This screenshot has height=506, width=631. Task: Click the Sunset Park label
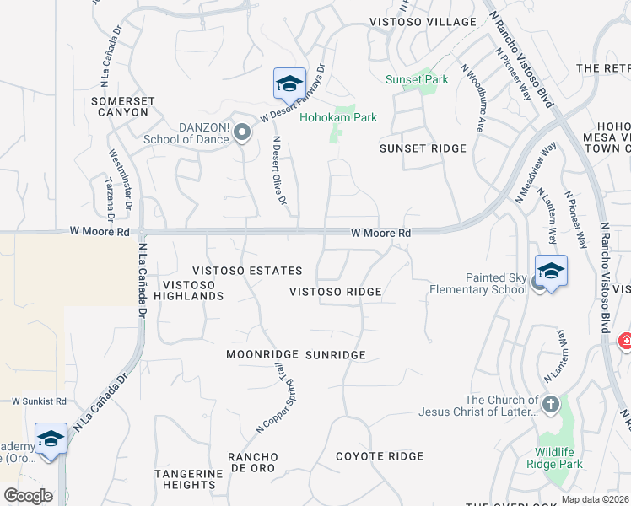pos(417,79)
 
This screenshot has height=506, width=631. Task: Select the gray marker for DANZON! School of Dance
pos(242,132)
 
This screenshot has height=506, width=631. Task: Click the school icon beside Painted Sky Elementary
pos(551,272)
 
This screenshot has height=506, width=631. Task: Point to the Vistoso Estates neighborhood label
pos(247,271)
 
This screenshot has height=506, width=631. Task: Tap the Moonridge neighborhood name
pos(263,355)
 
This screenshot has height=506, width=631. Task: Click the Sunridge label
pos(336,355)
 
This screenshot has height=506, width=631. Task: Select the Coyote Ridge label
pos(380,456)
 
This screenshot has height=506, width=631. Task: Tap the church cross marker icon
pos(551,404)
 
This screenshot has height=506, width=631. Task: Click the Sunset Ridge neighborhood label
pos(423,148)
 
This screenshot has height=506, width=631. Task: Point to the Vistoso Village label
pos(423,21)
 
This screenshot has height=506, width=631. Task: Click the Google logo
pos(28,496)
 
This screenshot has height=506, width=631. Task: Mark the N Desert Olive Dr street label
pos(279,171)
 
